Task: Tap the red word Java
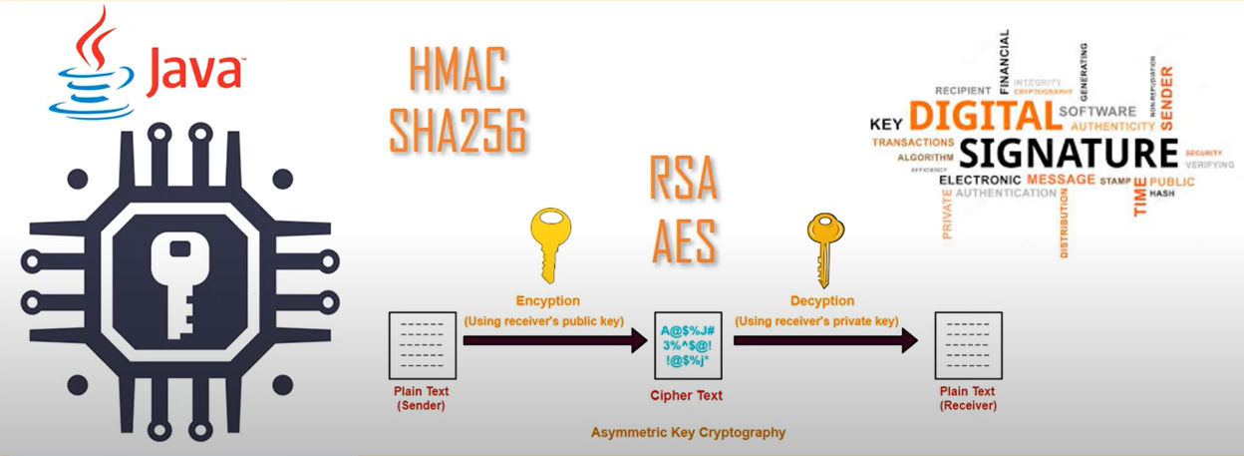point(191,73)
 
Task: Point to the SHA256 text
point(458,130)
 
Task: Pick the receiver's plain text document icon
point(968,344)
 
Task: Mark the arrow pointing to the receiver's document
point(825,341)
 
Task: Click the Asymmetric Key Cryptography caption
point(688,433)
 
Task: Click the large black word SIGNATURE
point(1069,154)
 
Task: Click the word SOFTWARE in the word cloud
point(1096,112)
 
